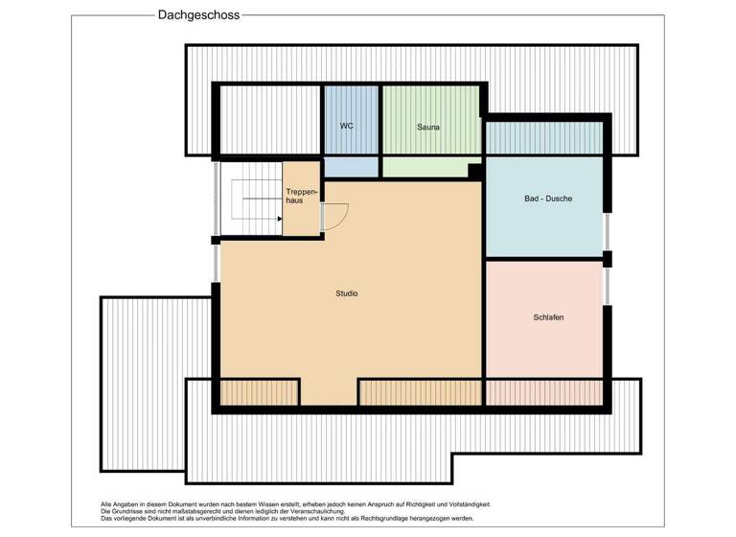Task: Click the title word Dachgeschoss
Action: click(198, 15)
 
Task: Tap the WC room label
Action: click(347, 127)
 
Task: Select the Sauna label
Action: click(428, 127)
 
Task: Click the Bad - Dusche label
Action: click(548, 199)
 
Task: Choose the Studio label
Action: click(347, 293)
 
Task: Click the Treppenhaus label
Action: click(300, 197)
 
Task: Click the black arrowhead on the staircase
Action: click(279, 219)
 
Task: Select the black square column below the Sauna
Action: click(474, 172)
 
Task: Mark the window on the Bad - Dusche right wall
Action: click(606, 231)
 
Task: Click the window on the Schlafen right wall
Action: click(606, 286)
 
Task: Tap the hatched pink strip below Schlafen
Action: click(544, 392)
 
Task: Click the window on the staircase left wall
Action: click(217, 198)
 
